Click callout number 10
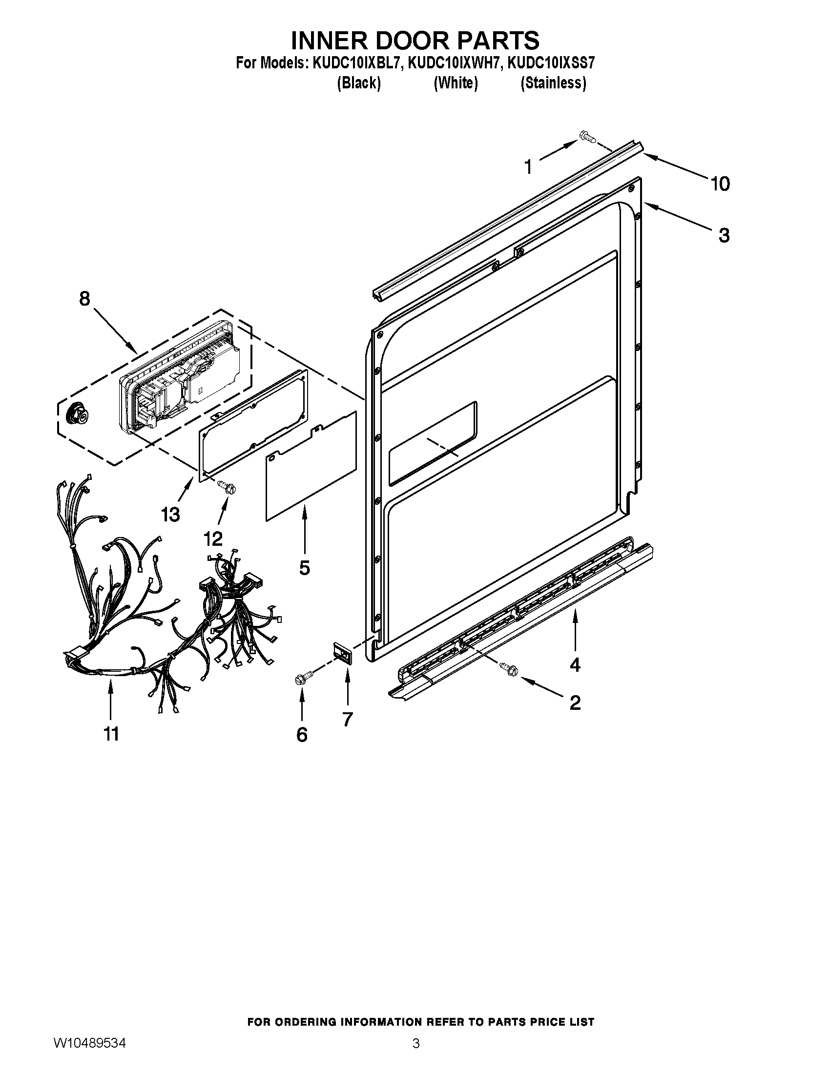click(x=720, y=184)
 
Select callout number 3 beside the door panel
click(x=724, y=236)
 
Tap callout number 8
click(x=85, y=298)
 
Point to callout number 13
click(x=170, y=515)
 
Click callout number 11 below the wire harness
click(x=111, y=735)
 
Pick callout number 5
click(x=304, y=568)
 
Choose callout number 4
click(x=575, y=665)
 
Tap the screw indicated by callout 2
click(x=507, y=667)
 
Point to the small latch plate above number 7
click(x=343, y=654)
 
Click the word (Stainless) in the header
click(x=553, y=83)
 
